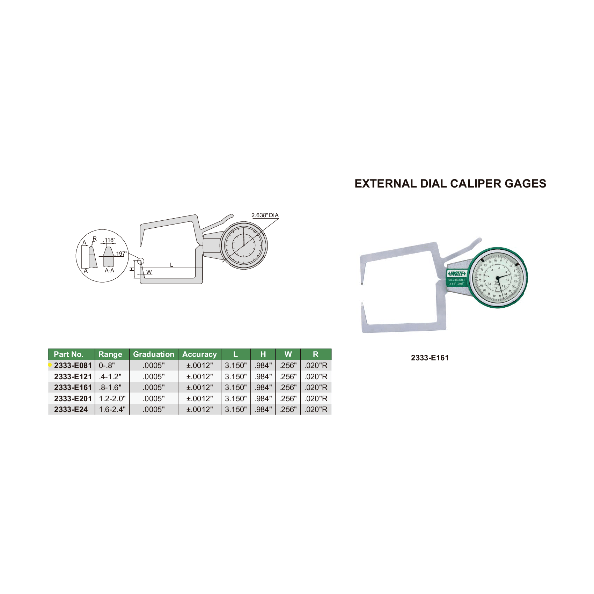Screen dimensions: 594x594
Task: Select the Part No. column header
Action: coord(68,354)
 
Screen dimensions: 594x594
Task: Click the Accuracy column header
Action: coord(199,354)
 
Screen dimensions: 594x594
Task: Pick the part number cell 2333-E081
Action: coord(73,365)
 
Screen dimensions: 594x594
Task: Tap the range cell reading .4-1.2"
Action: coord(110,376)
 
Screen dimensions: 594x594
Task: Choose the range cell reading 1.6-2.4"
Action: coord(112,409)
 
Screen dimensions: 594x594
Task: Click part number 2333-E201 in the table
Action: coord(73,398)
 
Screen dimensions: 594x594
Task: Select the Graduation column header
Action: coord(153,354)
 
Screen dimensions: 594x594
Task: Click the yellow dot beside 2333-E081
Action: coord(50,365)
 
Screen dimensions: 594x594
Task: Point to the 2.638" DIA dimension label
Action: coord(265,215)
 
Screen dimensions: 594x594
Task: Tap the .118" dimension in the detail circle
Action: coord(109,240)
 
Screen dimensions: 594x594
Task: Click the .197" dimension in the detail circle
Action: coord(121,254)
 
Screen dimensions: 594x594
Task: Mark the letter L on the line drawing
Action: coord(171,265)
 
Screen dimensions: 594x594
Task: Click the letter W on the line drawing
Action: coord(149,272)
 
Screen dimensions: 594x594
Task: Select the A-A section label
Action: coord(109,271)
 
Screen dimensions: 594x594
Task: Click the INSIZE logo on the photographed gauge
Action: coord(456,273)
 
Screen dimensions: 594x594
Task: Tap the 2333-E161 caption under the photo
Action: coord(430,358)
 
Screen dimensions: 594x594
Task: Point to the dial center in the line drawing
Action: coord(243,245)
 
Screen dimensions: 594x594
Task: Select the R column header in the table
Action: coord(315,354)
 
